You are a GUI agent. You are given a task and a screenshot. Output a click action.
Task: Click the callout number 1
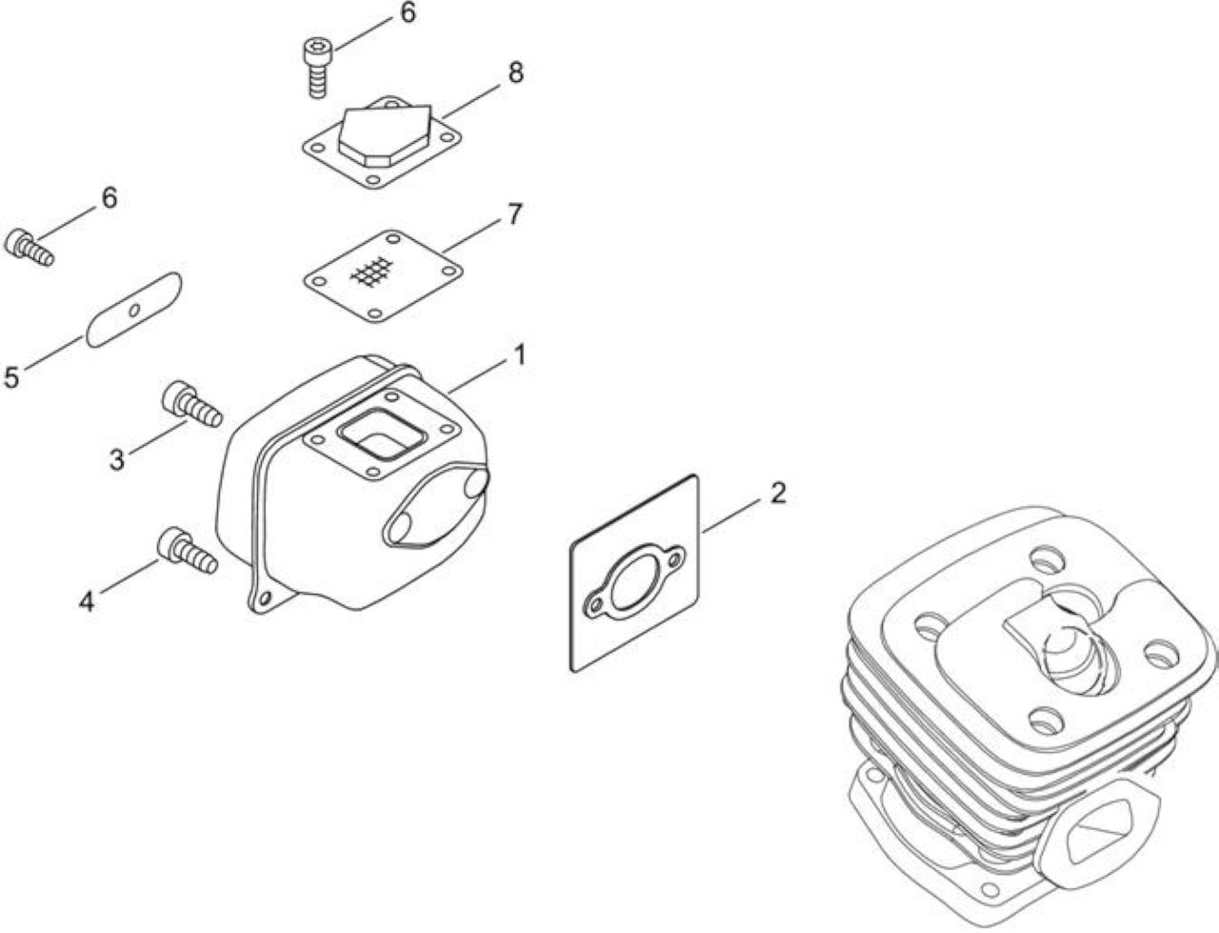[519, 356]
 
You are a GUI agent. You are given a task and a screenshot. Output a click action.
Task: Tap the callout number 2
[777, 493]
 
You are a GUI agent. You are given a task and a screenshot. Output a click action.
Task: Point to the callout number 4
[86, 601]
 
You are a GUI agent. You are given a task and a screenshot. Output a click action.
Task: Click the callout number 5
[11, 377]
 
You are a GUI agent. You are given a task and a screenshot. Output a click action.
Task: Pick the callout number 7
[514, 214]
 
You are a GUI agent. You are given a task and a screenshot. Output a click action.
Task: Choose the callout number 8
[515, 73]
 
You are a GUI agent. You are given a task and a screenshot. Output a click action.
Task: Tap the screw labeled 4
[189, 550]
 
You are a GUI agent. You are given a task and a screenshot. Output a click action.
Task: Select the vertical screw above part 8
[316, 69]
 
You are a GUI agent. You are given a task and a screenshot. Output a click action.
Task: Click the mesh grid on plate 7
[372, 273]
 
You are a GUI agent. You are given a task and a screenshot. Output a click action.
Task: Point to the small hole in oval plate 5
[134, 310]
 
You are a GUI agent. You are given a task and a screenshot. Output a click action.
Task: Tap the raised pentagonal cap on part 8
[383, 136]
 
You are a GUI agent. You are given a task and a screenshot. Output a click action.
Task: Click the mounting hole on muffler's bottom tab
[265, 598]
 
